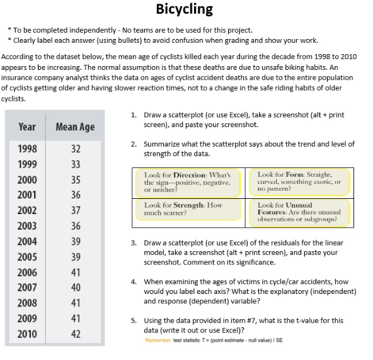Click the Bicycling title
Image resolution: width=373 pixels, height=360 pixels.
pos(185,9)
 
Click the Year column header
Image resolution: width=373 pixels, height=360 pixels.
pos(26,127)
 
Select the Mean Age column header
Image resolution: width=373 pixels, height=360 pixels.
pos(75,127)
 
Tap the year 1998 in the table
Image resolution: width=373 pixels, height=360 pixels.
pos(26,149)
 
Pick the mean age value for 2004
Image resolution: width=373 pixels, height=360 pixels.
pos(76,241)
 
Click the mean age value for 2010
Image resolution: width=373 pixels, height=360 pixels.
pos(76,334)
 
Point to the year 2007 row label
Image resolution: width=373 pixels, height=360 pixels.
pos(26,288)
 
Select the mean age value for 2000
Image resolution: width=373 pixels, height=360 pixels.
pos(76,180)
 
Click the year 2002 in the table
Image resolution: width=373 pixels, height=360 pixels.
pos(26,211)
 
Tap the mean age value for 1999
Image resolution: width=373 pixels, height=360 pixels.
pos(76,165)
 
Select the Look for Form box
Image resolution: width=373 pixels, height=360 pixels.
pos(301,183)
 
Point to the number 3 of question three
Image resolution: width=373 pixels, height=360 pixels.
pos(134,243)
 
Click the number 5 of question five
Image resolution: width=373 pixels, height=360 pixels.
pos(134,320)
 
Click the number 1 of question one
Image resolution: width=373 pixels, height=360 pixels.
pos(134,115)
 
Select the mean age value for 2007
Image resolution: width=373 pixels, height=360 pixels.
pos(76,288)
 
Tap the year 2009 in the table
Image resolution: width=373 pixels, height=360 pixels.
pos(26,318)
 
